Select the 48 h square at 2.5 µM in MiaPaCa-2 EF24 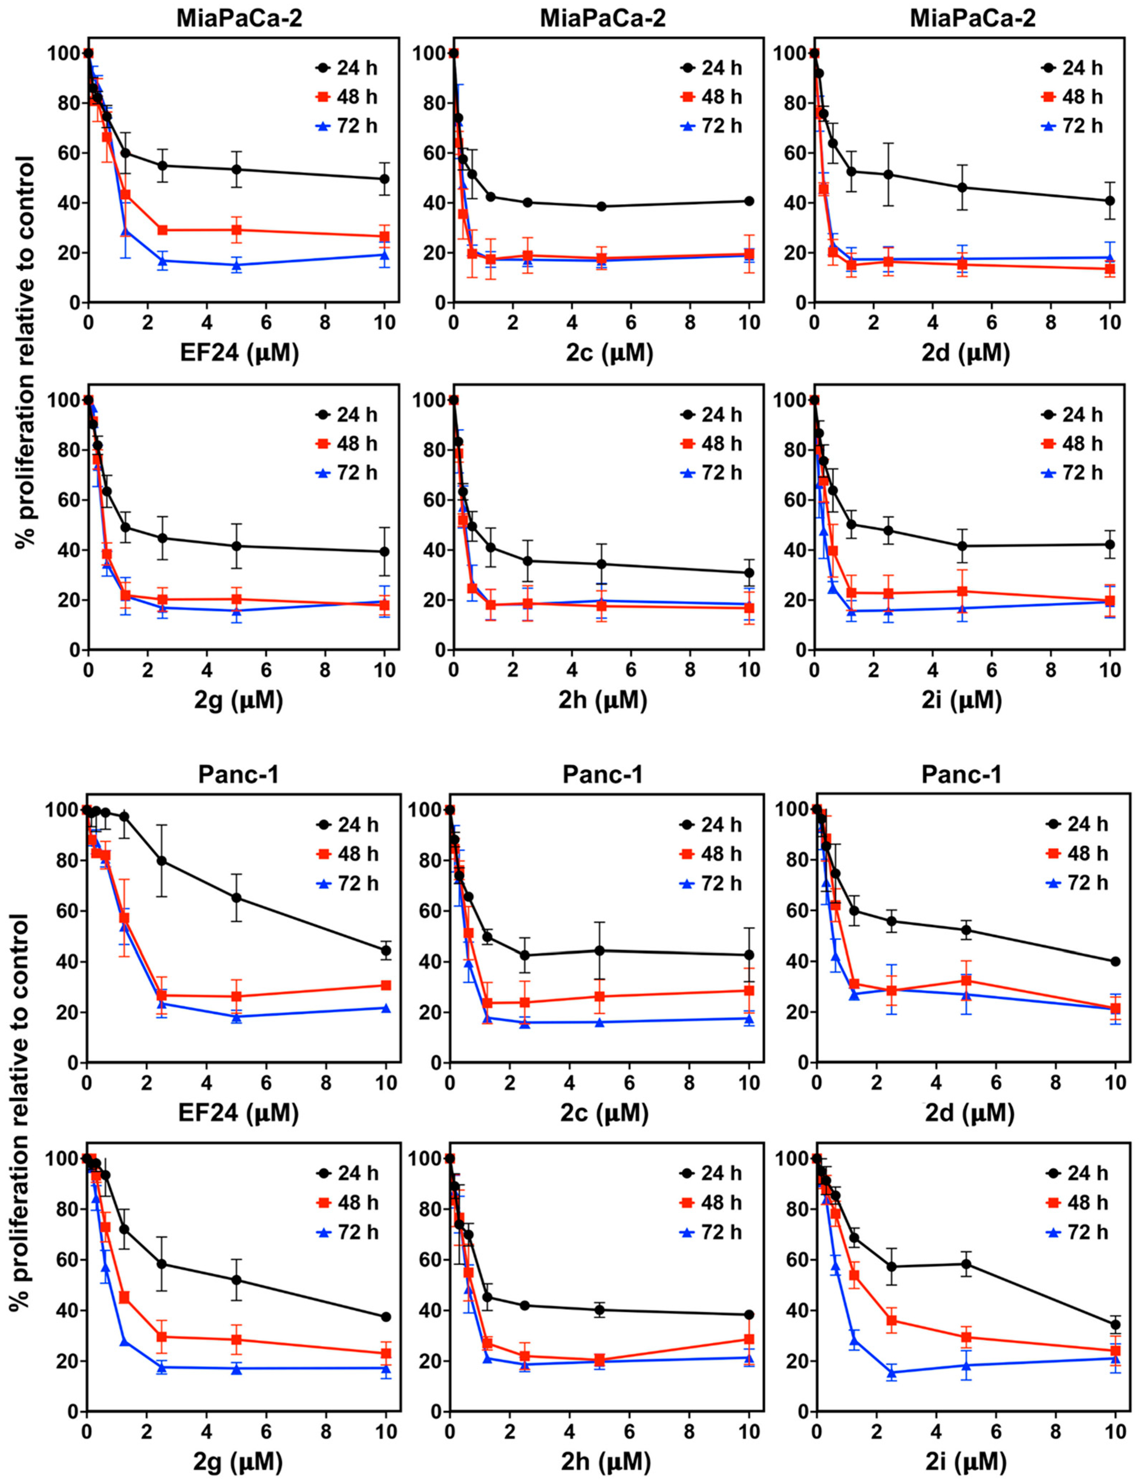[162, 230]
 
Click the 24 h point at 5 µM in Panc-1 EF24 [236, 898]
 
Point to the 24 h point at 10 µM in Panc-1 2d [1114, 962]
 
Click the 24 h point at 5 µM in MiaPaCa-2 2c [601, 207]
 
